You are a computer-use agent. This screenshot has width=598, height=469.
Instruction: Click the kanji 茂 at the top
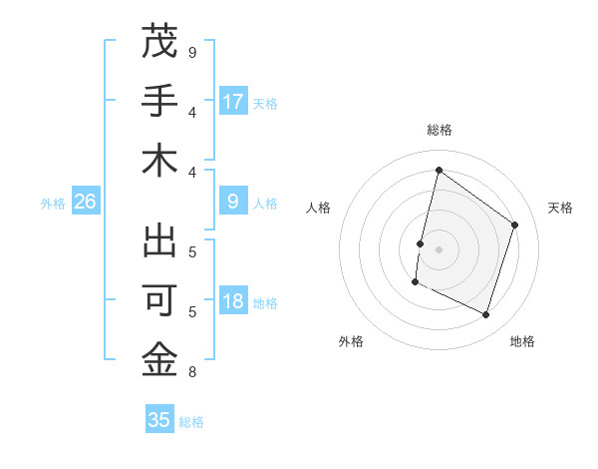pos(159,43)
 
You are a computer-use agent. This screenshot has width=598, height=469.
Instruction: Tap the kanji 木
pos(159,163)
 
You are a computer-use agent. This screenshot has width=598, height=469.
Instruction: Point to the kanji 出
pos(159,243)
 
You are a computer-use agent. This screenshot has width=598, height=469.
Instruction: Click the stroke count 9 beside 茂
pos(192,52)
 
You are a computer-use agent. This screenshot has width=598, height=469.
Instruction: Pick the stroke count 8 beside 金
pos(192,373)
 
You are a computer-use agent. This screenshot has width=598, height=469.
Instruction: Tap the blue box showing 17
pos(233,101)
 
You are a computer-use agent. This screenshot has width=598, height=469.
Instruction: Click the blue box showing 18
pos(233,302)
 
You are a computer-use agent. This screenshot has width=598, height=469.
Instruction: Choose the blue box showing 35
pos(159,420)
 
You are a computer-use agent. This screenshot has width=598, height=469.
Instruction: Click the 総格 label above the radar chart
pos(439,131)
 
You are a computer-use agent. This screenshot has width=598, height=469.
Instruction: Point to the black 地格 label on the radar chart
pos(522,341)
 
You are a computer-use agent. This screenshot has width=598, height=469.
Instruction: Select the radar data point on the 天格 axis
pos(515,225)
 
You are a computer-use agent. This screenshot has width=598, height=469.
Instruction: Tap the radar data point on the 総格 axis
pos(439,170)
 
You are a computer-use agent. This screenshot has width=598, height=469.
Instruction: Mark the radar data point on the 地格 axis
pos(485,314)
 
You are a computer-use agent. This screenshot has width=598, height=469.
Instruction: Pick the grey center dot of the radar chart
pos(439,249)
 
